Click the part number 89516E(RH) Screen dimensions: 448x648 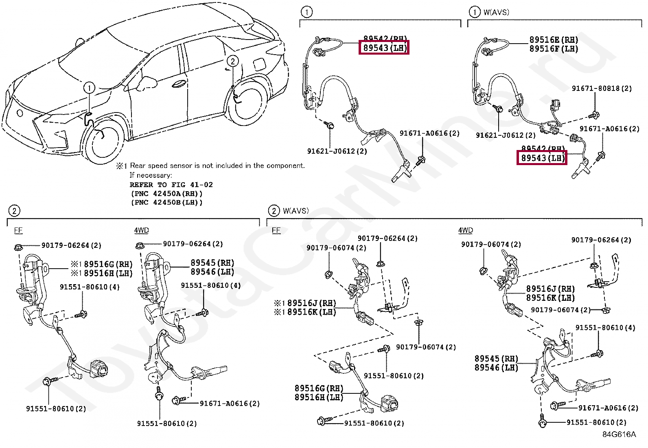(554, 40)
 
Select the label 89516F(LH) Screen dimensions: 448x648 (554, 49)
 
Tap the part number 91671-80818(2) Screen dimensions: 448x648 (602, 88)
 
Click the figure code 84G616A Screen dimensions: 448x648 (619, 434)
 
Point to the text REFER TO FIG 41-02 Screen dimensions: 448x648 (171, 185)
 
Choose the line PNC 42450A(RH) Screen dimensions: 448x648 (166, 194)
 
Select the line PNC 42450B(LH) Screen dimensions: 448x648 (166, 203)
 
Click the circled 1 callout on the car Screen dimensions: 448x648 (90, 88)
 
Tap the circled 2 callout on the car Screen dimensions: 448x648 (232, 62)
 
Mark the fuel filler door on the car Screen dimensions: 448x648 (259, 64)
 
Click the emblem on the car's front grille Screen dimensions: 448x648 (19, 113)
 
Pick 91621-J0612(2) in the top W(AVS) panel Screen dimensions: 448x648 (506, 135)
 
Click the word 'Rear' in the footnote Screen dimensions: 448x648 (138, 166)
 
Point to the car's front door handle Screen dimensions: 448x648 (180, 85)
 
